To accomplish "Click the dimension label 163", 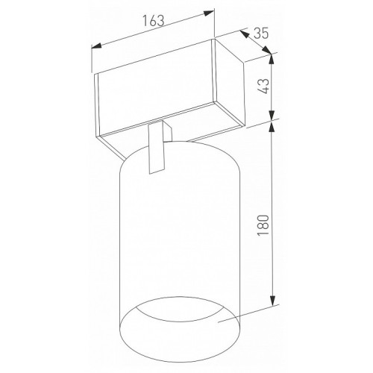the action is pyautogui.click(x=153, y=20).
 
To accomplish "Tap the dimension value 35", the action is pyautogui.click(x=261, y=33).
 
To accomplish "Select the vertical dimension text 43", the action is pyautogui.click(x=264, y=86).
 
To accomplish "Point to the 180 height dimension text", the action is pyautogui.click(x=264, y=225).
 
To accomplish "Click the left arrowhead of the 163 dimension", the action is pyautogui.click(x=96, y=46).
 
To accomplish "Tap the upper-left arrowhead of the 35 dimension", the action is pyautogui.click(x=244, y=34).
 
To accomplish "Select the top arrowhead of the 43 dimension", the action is pyautogui.click(x=272, y=59).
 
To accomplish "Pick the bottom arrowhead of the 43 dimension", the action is pyautogui.click(x=272, y=115).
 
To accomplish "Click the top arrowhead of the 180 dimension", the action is pyautogui.click(x=272, y=127).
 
